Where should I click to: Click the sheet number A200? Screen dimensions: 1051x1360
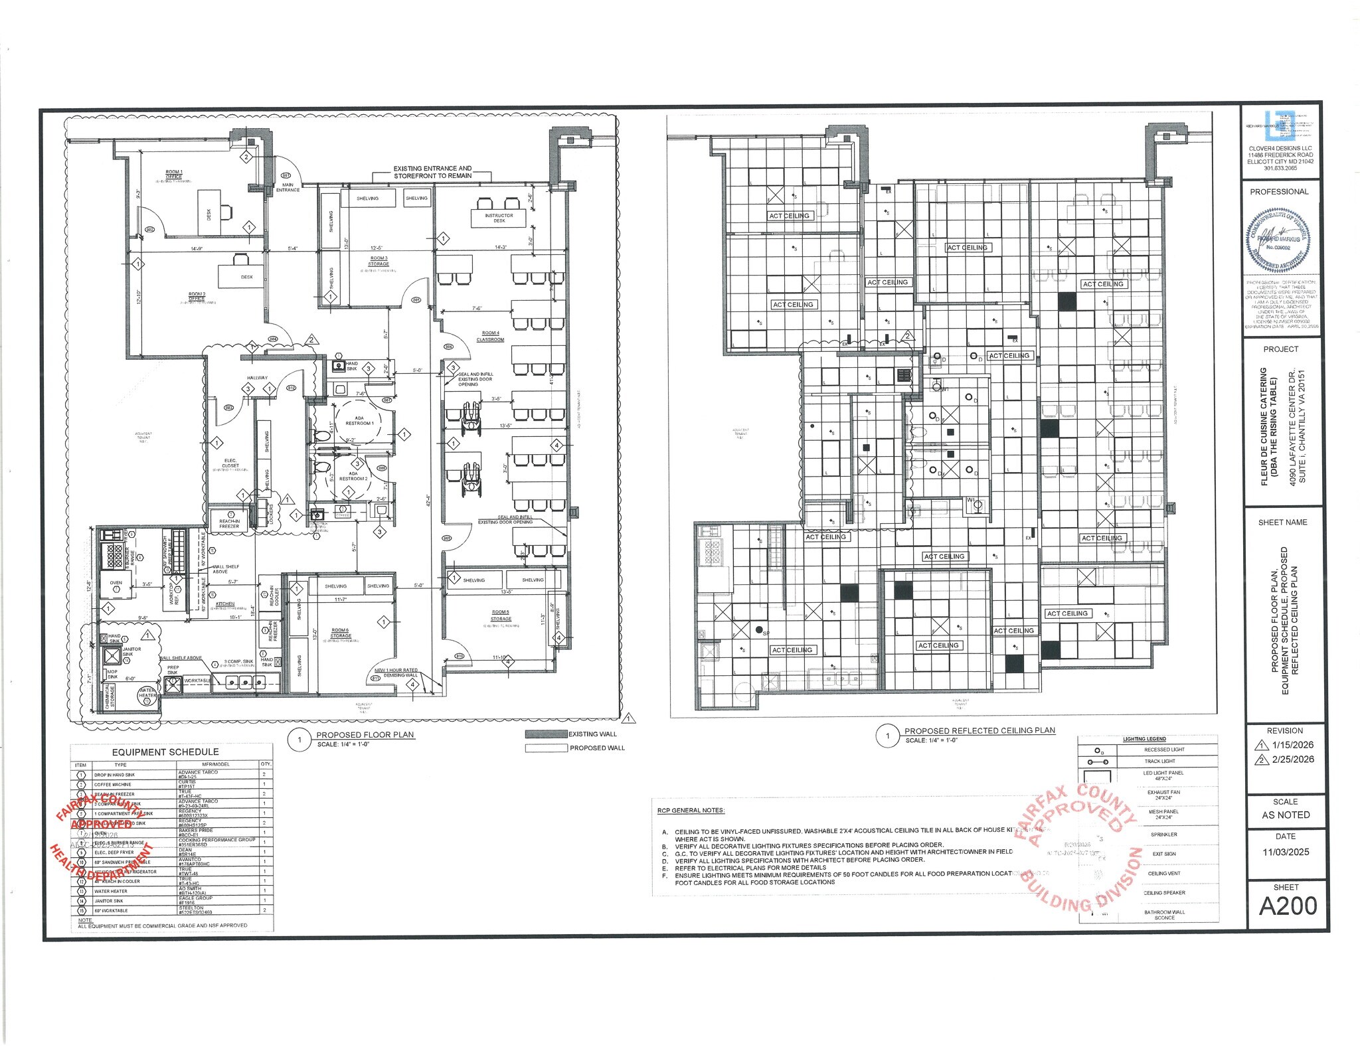click(1288, 906)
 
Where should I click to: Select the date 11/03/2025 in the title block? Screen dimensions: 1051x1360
click(1286, 852)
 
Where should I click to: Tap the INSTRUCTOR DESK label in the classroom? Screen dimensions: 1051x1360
click(499, 218)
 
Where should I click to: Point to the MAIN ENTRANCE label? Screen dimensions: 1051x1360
click(288, 187)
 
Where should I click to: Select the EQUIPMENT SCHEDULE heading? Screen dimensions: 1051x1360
click(165, 752)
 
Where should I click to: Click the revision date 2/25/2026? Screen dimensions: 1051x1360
click(1294, 760)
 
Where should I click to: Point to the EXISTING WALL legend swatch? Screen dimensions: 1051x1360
click(546, 734)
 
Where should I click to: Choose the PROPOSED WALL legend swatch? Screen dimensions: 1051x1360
click(546, 748)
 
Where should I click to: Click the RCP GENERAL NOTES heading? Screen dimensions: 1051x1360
click(691, 811)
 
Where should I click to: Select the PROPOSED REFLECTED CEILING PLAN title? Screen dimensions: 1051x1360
click(979, 730)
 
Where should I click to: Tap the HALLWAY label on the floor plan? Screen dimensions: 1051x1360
click(257, 378)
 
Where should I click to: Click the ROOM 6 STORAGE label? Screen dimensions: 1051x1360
click(341, 633)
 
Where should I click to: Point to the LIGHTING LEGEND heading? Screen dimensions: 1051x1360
click(1144, 739)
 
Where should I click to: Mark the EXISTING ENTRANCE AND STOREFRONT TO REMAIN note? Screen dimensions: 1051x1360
click(432, 172)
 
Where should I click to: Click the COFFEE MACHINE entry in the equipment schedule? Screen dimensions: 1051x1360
click(113, 785)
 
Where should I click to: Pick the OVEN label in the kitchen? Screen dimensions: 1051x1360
click(116, 583)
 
